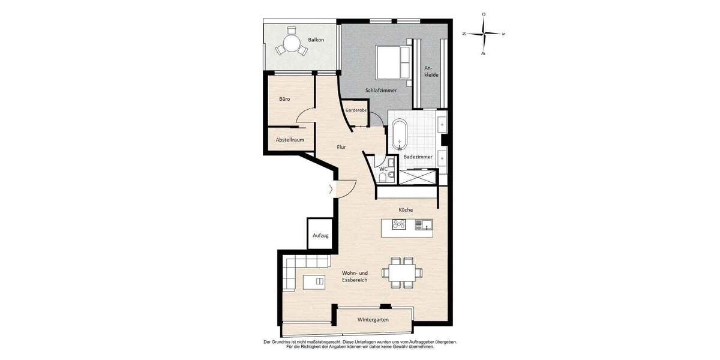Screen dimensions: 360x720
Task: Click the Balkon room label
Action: [x=316, y=40]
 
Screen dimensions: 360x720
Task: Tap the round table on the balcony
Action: [x=292, y=44]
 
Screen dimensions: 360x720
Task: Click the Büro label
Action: [x=284, y=99]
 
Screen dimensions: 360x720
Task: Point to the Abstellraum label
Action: [x=289, y=140]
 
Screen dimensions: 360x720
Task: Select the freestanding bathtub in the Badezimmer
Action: [x=399, y=135]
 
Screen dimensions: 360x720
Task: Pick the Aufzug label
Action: [x=320, y=236]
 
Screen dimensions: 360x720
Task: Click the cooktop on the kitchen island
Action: [x=400, y=225]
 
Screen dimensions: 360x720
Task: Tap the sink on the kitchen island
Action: [x=424, y=225]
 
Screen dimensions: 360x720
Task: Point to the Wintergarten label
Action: [x=373, y=320]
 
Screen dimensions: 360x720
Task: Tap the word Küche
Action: [x=406, y=209]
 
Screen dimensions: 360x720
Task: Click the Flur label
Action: [x=341, y=146]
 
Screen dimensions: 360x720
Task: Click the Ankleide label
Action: [x=431, y=71]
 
